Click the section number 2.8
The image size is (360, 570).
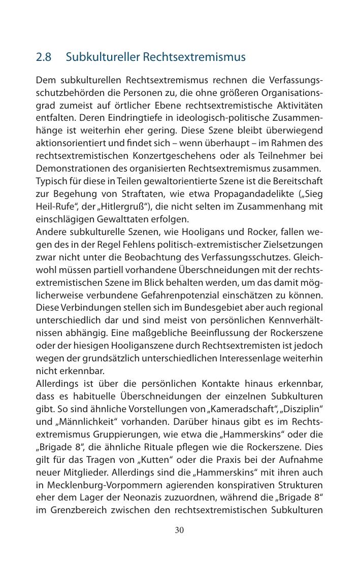44,57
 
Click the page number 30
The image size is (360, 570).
179,530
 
